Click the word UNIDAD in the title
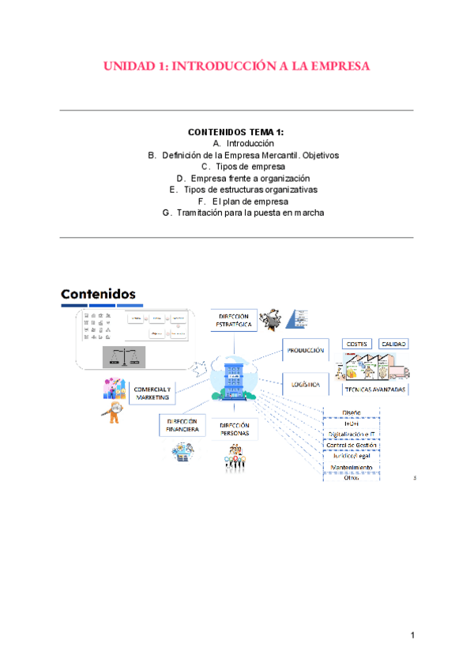(x=130, y=66)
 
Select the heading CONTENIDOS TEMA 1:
(x=236, y=133)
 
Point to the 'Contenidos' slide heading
(x=99, y=295)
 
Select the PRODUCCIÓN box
(x=306, y=351)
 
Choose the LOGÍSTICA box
(x=305, y=386)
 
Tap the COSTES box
(x=357, y=344)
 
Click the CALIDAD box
(x=395, y=344)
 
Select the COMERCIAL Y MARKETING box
(x=152, y=393)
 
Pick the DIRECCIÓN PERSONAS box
(x=235, y=430)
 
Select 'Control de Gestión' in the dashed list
(x=352, y=445)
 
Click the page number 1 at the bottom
(x=412, y=636)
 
